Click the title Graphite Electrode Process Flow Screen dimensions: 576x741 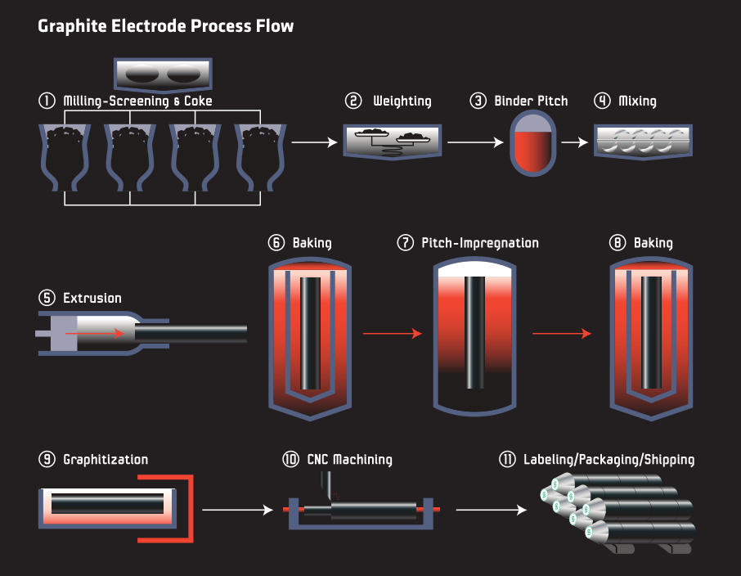tap(165, 26)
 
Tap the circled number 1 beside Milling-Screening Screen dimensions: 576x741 tap(46, 101)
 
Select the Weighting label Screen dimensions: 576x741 tap(402, 101)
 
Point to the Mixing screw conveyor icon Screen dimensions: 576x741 tap(642, 141)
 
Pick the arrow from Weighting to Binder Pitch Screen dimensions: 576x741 tap(475, 142)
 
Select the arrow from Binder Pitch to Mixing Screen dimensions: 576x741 tap(575, 142)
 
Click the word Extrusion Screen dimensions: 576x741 tap(92, 299)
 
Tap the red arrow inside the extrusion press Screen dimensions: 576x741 tap(95, 334)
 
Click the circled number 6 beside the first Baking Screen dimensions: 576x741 tap(276, 243)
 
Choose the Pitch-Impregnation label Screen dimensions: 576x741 tap(480, 243)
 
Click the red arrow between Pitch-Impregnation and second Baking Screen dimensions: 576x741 tap(561, 334)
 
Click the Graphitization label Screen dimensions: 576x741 tap(106, 460)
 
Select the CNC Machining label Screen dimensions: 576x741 tap(349, 460)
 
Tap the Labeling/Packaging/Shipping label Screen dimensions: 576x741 tap(609, 460)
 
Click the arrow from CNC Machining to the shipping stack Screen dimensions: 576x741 tap(491, 510)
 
